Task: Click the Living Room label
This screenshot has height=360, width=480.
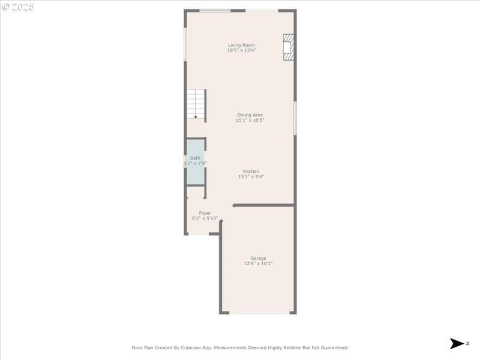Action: pyautogui.click(x=241, y=45)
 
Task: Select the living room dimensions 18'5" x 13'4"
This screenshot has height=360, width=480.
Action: pyautogui.click(x=241, y=50)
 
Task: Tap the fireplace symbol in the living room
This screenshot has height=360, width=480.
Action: pyautogui.click(x=289, y=47)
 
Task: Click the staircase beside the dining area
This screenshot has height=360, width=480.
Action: pyautogui.click(x=196, y=104)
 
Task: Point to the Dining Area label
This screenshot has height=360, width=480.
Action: pyautogui.click(x=250, y=115)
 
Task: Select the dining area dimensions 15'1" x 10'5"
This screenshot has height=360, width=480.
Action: pyautogui.click(x=250, y=120)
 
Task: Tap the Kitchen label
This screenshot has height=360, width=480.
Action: pyautogui.click(x=251, y=171)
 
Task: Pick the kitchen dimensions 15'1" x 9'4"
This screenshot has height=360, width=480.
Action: pyautogui.click(x=251, y=176)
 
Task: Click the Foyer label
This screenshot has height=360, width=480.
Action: pyautogui.click(x=205, y=212)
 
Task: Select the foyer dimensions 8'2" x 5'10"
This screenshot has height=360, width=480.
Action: pyautogui.click(x=205, y=218)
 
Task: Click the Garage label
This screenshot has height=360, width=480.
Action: pyautogui.click(x=258, y=258)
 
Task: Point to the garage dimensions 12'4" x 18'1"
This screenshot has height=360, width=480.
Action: pyautogui.click(x=258, y=263)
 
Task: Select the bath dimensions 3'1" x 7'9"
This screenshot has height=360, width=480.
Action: pyautogui.click(x=195, y=163)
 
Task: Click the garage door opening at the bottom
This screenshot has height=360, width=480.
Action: pyautogui.click(x=258, y=313)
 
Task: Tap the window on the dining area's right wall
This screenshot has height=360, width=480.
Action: pyautogui.click(x=295, y=118)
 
